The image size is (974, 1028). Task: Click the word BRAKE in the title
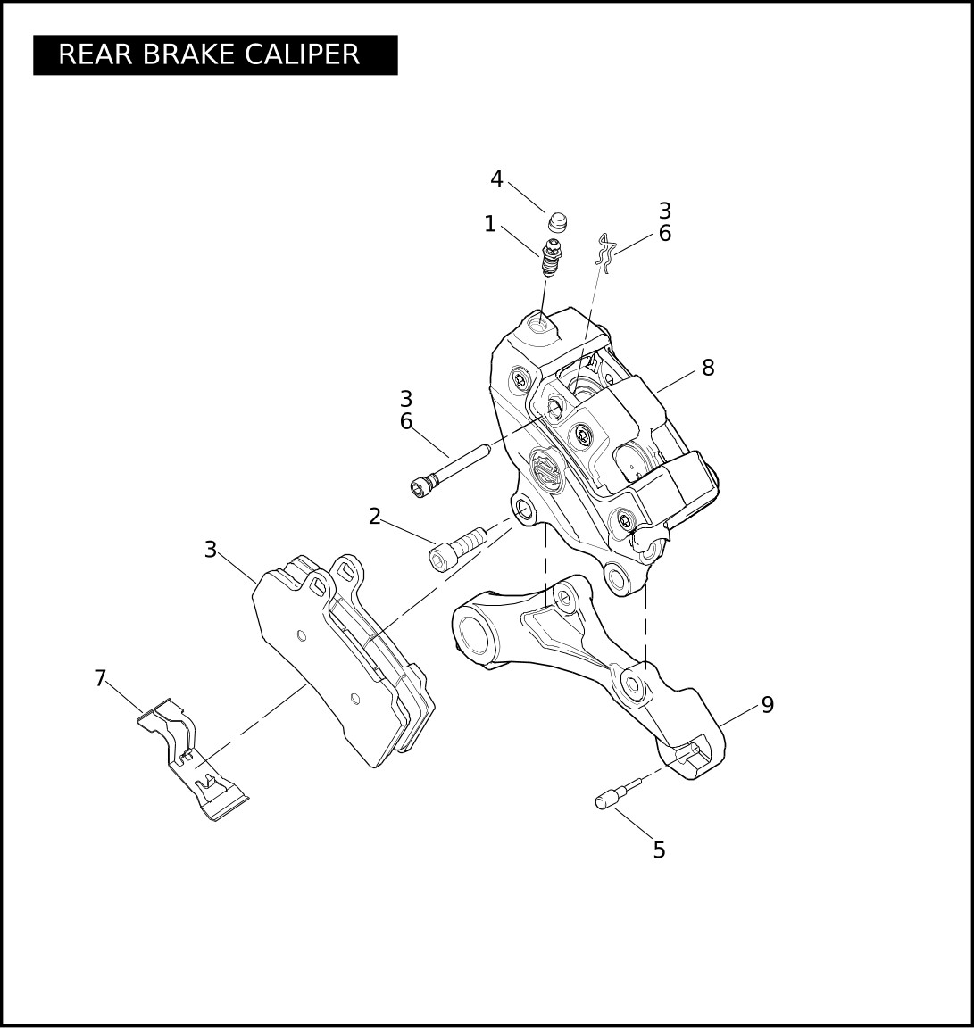[x=186, y=54]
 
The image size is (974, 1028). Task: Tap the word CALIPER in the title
[x=303, y=54]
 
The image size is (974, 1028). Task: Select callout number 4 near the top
[x=496, y=179]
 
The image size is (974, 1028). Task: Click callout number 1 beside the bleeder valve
[x=489, y=224]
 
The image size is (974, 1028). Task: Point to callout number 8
[x=708, y=368]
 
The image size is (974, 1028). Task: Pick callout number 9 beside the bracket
[x=768, y=705]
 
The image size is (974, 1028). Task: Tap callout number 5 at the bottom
[x=659, y=850]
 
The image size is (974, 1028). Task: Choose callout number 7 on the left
[x=100, y=678]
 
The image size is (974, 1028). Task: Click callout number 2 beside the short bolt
[x=375, y=517]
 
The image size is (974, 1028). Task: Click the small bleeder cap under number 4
[x=557, y=223]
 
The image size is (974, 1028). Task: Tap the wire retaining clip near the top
[x=605, y=253]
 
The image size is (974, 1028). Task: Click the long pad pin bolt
[x=449, y=470]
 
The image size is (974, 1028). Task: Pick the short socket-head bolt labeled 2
[x=458, y=547]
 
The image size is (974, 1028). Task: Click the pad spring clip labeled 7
[x=192, y=759]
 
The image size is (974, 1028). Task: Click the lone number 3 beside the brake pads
[x=210, y=550]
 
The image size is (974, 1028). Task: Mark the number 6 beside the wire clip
[x=665, y=234]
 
